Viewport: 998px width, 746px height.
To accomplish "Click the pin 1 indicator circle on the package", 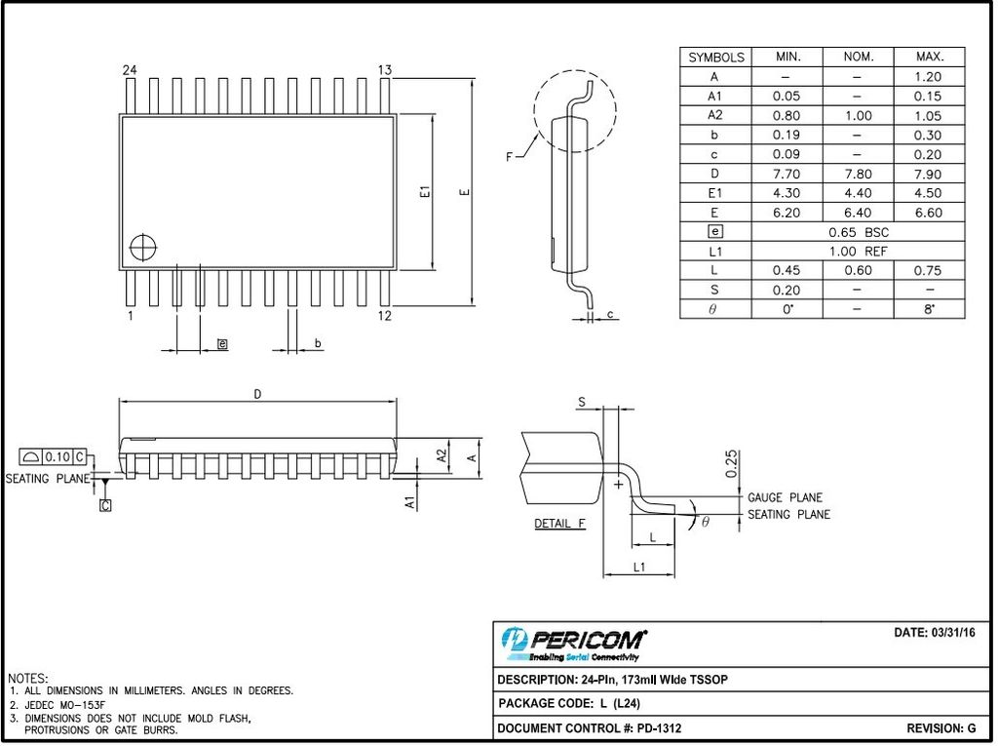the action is [x=143, y=247].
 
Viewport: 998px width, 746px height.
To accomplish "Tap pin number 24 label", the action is [x=130, y=70].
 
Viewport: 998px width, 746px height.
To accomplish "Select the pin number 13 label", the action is [x=384, y=70].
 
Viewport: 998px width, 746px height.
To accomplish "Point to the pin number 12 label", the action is [x=384, y=316].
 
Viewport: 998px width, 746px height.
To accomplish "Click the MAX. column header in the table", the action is [x=930, y=57].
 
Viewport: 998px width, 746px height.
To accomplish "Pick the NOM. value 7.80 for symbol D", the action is [x=858, y=174].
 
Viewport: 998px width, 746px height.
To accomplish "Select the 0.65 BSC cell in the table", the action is [x=859, y=232].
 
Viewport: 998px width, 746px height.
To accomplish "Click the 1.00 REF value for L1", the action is [x=858, y=252].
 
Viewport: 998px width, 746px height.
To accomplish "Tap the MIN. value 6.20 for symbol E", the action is [x=787, y=213].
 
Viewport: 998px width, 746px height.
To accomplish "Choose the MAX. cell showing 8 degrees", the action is [x=929, y=309].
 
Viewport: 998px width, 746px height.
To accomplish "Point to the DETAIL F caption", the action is [x=559, y=524].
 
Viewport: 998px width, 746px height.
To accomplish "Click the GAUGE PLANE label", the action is [x=785, y=497].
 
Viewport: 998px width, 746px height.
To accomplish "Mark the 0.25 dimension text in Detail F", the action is [x=731, y=464].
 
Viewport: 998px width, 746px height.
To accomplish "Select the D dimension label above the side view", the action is [x=257, y=394].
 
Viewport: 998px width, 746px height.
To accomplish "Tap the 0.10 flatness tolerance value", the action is [x=58, y=456].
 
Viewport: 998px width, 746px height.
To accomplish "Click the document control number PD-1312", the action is [x=659, y=728].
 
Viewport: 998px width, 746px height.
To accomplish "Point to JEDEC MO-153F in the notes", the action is [x=65, y=705].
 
